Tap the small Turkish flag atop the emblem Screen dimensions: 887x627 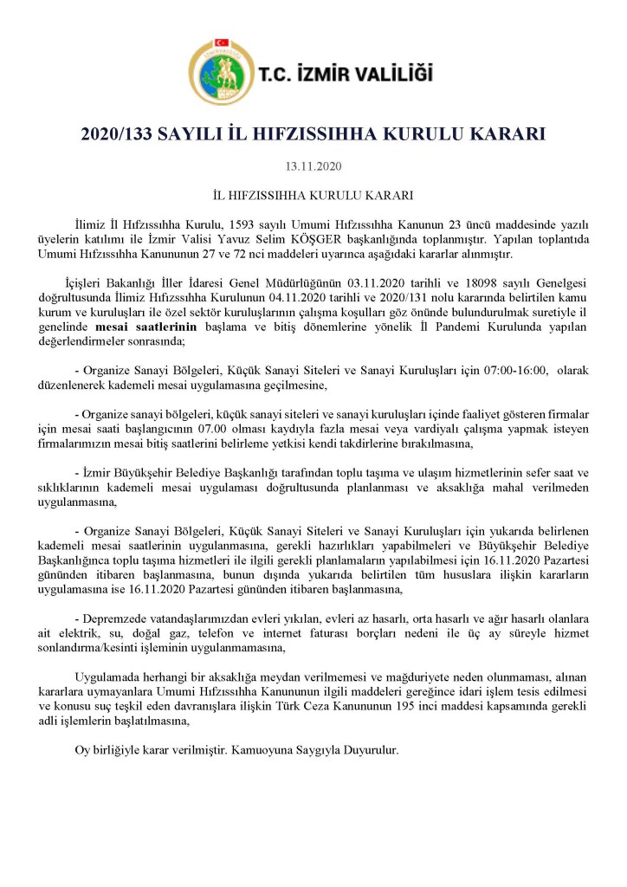point(219,42)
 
